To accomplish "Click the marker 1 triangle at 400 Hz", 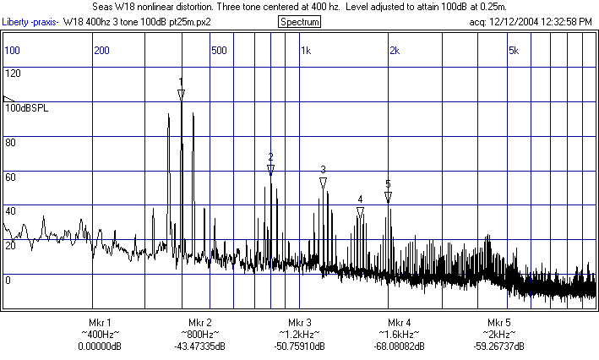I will [x=181, y=94].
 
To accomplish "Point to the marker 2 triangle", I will [x=270, y=169].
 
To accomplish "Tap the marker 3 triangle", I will [x=323, y=182].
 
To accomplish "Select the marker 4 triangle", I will [x=360, y=212].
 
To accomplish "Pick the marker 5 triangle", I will [x=388, y=196].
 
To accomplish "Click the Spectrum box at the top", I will [x=299, y=21].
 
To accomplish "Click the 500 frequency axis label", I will [x=219, y=51].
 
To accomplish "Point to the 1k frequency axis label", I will [x=306, y=51].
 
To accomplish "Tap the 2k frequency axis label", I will [x=394, y=51].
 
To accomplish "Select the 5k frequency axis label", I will [x=513, y=51].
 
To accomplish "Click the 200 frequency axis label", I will [x=101, y=51].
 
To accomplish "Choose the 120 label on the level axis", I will [x=13, y=74].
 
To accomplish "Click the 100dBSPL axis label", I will [x=27, y=108].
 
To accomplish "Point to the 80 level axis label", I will [x=10, y=142].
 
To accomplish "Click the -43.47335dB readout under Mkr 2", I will [x=200, y=346].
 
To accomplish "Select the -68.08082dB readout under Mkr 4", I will [x=400, y=346].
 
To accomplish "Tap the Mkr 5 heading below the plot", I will [x=499, y=324].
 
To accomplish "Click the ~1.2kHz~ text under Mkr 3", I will [x=300, y=335].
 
